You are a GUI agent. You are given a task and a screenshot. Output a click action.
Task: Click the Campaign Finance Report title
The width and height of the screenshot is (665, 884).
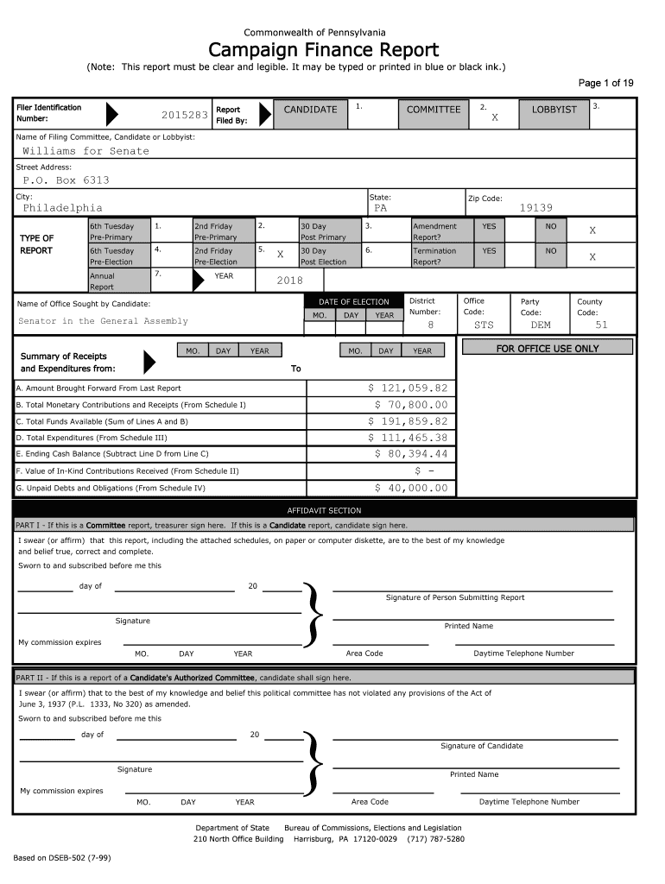pyautogui.click(x=324, y=50)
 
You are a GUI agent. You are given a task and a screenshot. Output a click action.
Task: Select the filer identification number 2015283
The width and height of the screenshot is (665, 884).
pyautogui.click(x=184, y=115)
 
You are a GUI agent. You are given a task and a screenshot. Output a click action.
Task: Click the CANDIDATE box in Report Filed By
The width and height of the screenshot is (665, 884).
pyautogui.click(x=310, y=110)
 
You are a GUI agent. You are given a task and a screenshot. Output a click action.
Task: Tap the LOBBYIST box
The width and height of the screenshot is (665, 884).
pyautogui.click(x=554, y=110)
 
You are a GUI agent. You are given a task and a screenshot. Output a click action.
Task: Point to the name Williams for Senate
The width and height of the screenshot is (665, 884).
pyautogui.click(x=85, y=151)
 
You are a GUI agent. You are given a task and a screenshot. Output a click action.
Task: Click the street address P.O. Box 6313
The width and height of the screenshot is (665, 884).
pyautogui.click(x=66, y=180)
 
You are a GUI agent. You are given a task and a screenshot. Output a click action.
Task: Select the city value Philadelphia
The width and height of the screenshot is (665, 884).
pyautogui.click(x=62, y=208)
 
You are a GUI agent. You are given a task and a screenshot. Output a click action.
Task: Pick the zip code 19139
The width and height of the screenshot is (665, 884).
pyautogui.click(x=535, y=208)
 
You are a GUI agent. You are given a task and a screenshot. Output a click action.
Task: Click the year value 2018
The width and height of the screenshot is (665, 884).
pyautogui.click(x=289, y=281)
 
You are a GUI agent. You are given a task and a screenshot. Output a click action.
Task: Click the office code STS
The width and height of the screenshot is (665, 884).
pyautogui.click(x=484, y=325)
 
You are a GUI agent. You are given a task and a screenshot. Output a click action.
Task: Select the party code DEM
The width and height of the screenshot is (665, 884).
pyautogui.click(x=540, y=325)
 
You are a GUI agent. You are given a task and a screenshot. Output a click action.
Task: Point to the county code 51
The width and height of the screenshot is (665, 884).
pyautogui.click(x=601, y=325)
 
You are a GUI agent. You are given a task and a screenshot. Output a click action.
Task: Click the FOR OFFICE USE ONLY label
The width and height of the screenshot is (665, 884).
pyautogui.click(x=547, y=349)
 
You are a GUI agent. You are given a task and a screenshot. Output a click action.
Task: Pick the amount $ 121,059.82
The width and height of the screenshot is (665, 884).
pyautogui.click(x=408, y=388)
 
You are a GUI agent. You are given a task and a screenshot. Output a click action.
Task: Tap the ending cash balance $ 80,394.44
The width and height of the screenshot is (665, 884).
pyautogui.click(x=411, y=454)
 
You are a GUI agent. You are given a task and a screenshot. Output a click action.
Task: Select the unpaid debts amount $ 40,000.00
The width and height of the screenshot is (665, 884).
pyautogui.click(x=411, y=488)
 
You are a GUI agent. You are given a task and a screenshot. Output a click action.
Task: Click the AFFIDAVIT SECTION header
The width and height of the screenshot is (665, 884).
pyautogui.click(x=324, y=511)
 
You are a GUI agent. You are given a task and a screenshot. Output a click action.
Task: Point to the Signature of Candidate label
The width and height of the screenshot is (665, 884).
pyautogui.click(x=481, y=746)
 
